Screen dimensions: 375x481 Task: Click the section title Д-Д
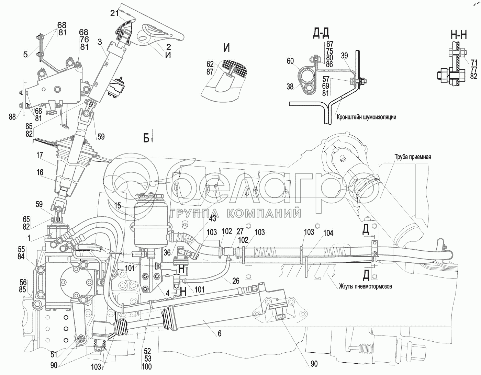[x=321, y=33]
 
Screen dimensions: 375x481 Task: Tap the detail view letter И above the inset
[x=226, y=48]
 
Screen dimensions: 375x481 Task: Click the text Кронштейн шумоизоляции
[x=366, y=117]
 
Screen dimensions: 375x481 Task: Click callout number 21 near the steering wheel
[x=114, y=13]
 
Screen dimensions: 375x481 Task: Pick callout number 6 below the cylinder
[x=220, y=333]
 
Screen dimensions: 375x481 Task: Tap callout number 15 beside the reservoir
[x=118, y=206]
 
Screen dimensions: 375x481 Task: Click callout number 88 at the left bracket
[x=12, y=117]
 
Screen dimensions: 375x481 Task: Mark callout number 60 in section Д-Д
[x=290, y=61]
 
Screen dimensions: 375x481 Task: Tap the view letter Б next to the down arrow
[x=146, y=138]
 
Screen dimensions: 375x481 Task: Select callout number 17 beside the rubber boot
[x=40, y=155]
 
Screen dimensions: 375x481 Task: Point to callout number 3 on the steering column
[x=99, y=42]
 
